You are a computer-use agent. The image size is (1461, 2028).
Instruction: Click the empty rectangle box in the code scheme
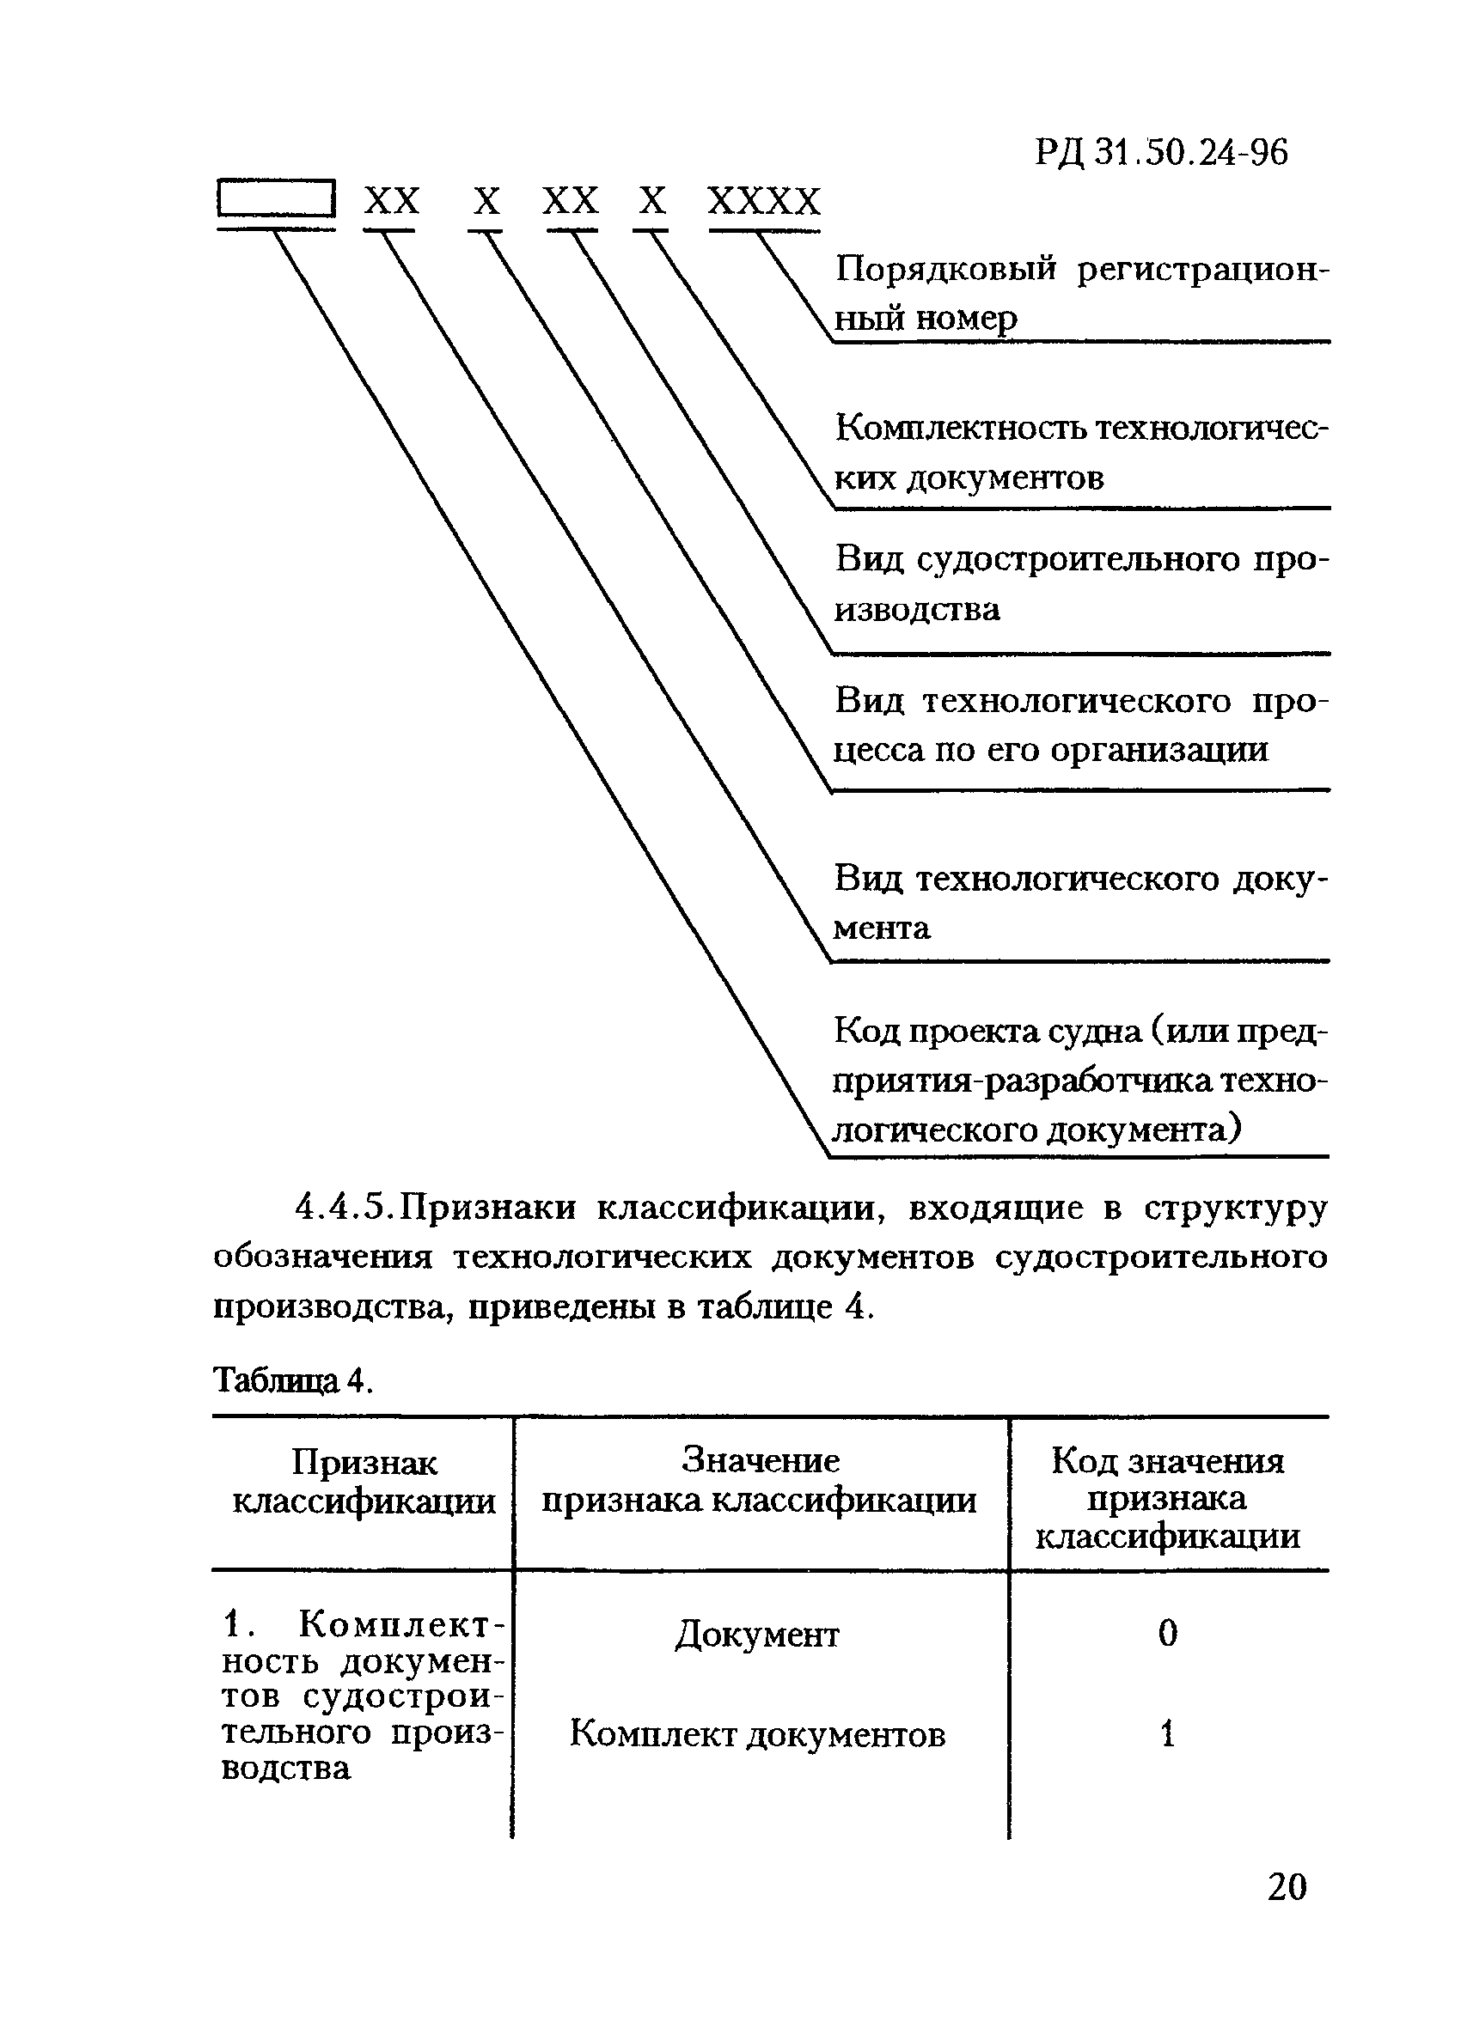277,198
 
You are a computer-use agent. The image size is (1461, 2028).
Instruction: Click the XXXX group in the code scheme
763,201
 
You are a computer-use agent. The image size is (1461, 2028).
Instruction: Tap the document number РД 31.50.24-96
1161,153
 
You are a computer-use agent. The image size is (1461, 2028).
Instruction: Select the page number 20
1287,1887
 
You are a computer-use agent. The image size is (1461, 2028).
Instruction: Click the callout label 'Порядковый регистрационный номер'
1081,293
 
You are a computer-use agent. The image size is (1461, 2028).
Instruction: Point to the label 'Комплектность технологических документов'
1081,454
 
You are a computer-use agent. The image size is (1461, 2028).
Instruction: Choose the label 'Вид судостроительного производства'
1081,584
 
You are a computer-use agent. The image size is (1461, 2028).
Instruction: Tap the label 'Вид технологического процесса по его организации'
1081,724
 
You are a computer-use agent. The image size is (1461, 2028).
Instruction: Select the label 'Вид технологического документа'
1081,903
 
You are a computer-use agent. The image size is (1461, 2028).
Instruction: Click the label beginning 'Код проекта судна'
1081,1081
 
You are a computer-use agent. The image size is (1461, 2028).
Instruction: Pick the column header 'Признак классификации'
364,1482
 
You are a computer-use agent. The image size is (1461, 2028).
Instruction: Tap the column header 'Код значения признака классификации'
1168,1498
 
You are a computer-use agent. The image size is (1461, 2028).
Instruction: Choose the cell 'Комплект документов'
758,1735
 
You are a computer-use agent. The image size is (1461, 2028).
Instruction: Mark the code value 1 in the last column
1168,1735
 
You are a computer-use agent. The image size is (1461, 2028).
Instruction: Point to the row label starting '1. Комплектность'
363,1695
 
